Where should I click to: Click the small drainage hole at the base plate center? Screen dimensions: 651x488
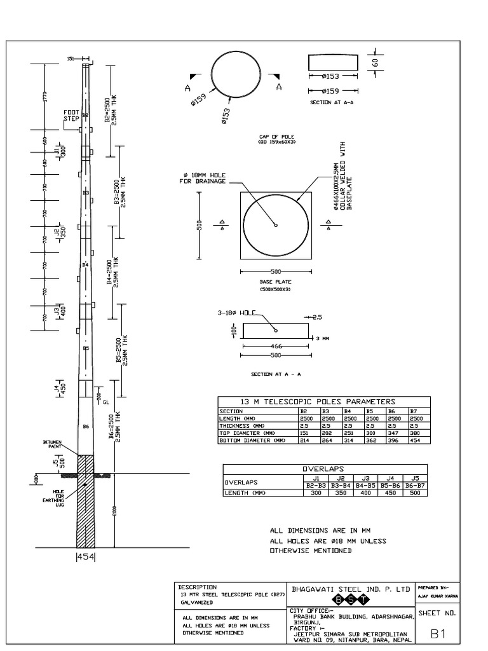275,224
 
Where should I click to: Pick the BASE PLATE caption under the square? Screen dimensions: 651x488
274,283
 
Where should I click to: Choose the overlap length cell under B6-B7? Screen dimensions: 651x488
417,492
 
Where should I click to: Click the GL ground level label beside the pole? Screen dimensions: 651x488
106,402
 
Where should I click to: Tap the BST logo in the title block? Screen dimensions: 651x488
349,601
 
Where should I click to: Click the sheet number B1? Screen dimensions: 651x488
437,633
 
